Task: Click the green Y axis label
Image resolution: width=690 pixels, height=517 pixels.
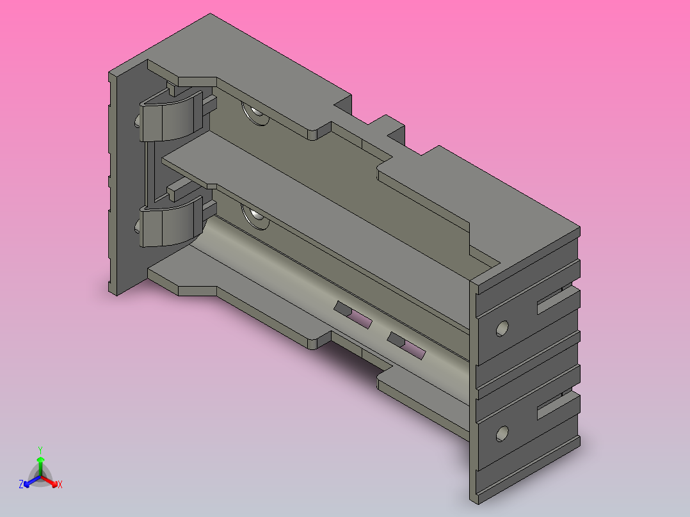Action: click(x=40, y=450)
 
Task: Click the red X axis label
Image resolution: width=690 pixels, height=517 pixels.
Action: click(x=60, y=484)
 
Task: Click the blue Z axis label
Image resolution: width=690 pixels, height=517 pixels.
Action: click(x=21, y=484)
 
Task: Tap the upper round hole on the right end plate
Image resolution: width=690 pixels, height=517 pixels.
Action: click(x=502, y=328)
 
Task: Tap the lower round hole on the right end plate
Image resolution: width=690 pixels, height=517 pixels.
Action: click(x=502, y=434)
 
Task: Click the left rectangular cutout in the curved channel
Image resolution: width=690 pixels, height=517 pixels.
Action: click(x=353, y=315)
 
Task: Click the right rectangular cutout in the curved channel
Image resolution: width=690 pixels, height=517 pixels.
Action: click(x=406, y=346)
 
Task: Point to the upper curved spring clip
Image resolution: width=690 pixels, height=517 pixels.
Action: click(x=170, y=116)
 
